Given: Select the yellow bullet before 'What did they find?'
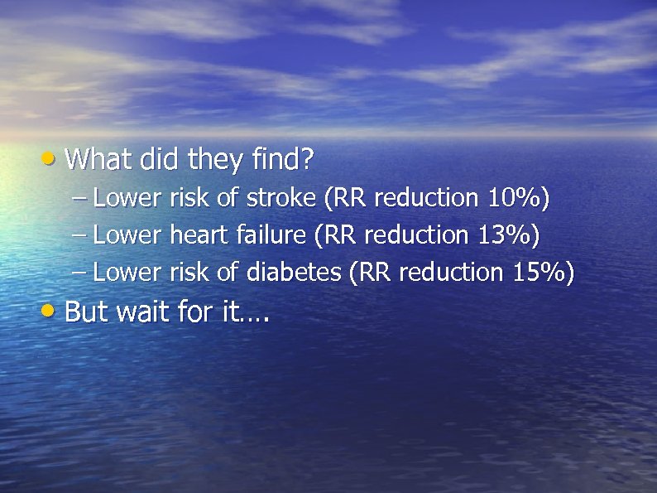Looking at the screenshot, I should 50,157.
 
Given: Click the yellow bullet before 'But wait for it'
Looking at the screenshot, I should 50,311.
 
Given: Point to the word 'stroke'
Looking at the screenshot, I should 281,198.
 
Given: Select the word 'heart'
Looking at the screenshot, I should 199,235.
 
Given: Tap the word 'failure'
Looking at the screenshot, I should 271,235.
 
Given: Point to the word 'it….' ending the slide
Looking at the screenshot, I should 247,312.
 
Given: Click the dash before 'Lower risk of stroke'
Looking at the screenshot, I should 79,199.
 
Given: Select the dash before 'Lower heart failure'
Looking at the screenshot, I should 79,236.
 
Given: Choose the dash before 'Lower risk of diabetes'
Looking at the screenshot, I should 79,273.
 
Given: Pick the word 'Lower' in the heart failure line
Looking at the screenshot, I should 127,235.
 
